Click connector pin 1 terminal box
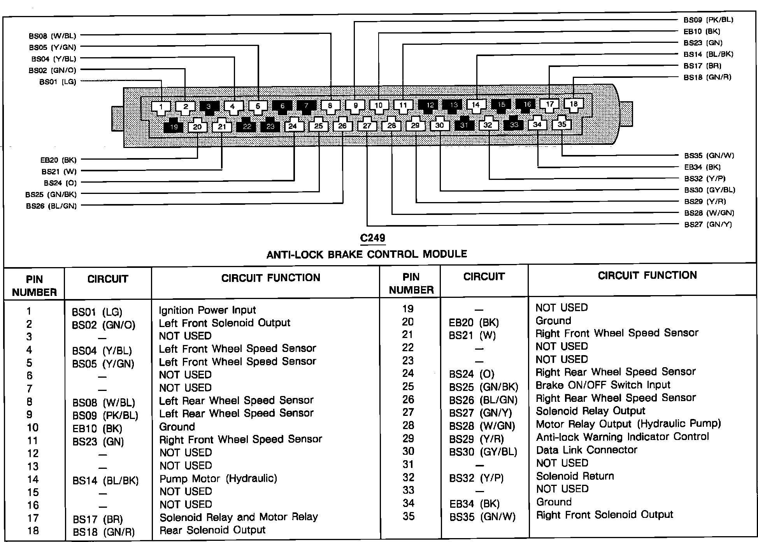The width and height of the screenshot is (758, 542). (161, 107)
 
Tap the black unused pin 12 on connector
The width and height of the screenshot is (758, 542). (430, 105)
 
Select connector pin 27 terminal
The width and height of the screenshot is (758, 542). (367, 125)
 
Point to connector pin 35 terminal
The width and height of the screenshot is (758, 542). (562, 124)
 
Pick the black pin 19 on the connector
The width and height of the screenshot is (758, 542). (174, 127)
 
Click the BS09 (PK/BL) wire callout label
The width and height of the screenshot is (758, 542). (708, 20)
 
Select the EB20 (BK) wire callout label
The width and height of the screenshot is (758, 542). (58, 160)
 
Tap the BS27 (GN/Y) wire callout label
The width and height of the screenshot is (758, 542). (708, 225)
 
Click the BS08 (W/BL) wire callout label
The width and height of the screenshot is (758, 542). (53, 36)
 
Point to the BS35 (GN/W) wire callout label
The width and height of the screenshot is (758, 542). (709, 156)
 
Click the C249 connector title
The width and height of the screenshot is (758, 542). (372, 238)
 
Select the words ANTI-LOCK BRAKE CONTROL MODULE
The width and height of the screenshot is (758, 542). (367, 254)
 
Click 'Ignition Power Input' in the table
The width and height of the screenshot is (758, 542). (207, 310)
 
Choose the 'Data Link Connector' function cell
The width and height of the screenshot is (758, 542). (586, 450)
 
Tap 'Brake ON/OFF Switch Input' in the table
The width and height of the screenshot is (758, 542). (603, 385)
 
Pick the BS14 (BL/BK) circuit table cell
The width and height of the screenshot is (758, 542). (105, 481)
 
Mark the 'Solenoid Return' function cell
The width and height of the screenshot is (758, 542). (575, 476)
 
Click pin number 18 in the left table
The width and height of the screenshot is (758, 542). (33, 531)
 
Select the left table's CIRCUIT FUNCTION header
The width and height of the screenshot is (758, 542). (270, 278)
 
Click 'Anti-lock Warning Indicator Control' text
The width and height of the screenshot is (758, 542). (622, 437)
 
